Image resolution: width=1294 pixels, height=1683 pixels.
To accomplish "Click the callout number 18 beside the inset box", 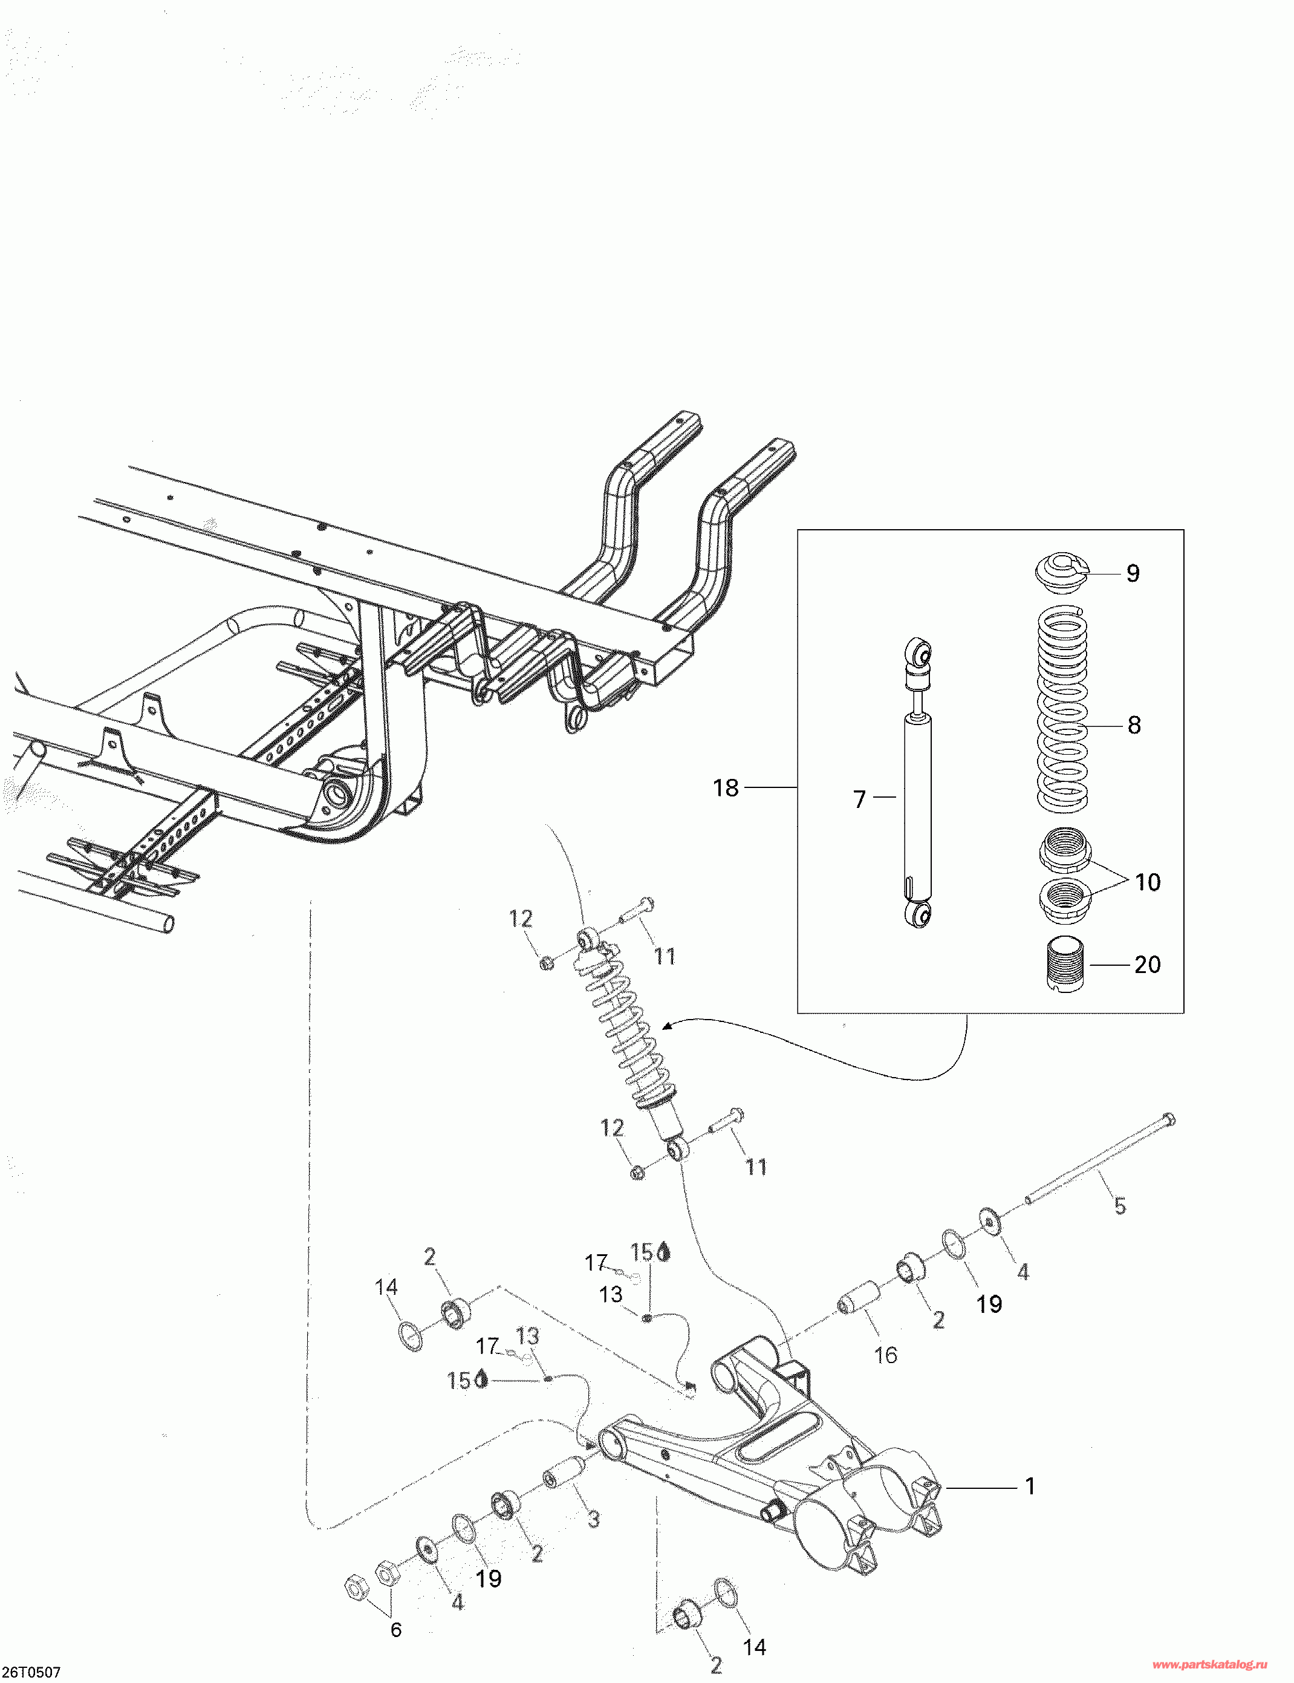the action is [x=726, y=788].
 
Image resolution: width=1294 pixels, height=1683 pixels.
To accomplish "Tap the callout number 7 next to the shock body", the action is [x=860, y=799].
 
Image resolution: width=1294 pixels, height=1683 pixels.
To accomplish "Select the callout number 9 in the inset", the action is [x=1132, y=573].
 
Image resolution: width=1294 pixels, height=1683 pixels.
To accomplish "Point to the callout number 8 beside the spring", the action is [x=1134, y=725].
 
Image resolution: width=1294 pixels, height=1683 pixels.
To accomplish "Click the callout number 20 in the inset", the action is [x=1147, y=965].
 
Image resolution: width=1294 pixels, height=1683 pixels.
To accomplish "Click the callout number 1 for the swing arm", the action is [x=1030, y=1486].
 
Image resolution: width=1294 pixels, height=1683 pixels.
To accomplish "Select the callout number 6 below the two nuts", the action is [x=396, y=1629].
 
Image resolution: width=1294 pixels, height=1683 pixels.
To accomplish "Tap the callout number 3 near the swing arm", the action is [x=593, y=1520].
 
